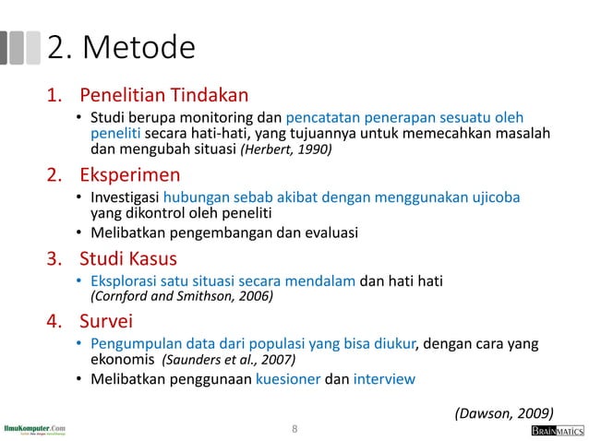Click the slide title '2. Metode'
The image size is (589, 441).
tap(121, 47)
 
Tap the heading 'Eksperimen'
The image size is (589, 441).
tap(130, 174)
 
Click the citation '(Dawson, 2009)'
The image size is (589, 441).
tap(506, 412)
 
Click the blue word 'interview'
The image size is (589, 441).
tap(384, 378)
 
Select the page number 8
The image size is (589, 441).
tap(294, 429)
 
